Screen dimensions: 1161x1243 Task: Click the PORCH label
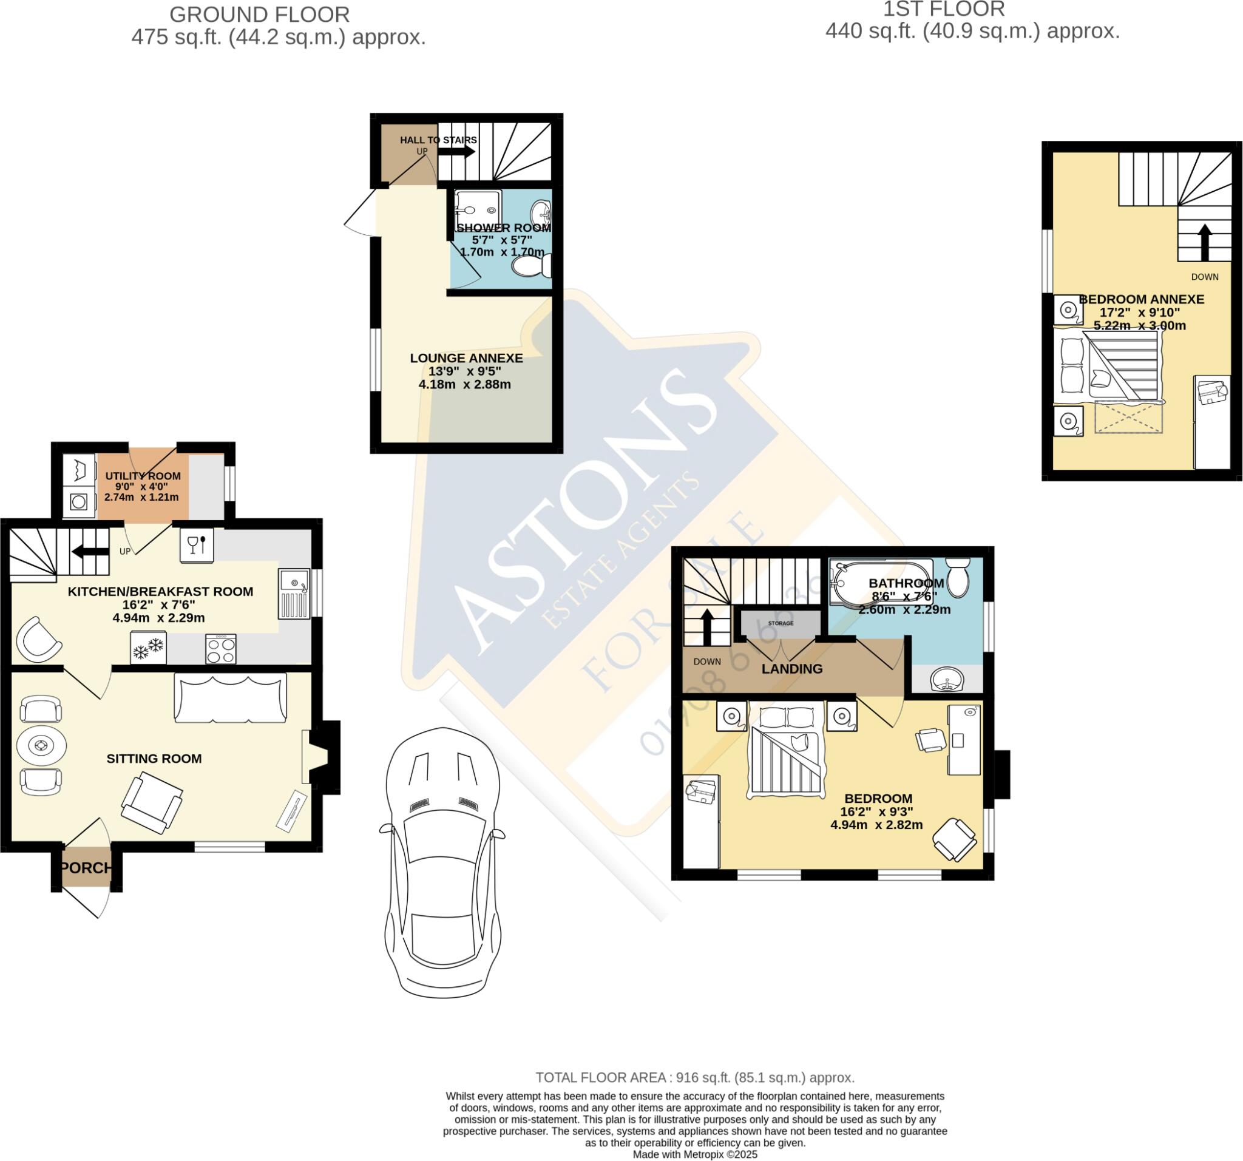(x=86, y=868)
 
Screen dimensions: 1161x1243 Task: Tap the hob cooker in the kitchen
(x=221, y=649)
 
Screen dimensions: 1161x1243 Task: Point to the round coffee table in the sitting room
(x=41, y=745)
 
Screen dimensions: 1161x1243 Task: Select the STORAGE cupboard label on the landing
(x=781, y=623)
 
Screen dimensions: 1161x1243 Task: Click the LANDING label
(x=791, y=669)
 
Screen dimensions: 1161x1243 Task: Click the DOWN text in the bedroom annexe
(x=1204, y=276)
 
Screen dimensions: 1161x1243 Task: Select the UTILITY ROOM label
(x=143, y=476)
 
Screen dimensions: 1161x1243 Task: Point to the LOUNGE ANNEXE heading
(x=466, y=358)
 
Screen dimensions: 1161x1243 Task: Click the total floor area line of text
(x=695, y=1077)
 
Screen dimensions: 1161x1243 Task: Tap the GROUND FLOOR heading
(x=260, y=14)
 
